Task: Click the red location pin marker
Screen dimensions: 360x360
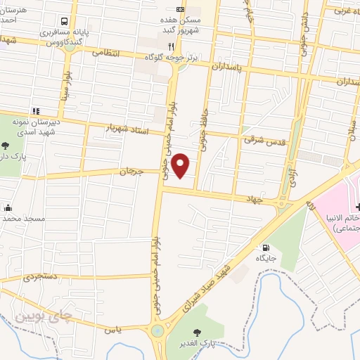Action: pos(181,166)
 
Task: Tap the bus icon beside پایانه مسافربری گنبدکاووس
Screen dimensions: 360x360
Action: pos(64,22)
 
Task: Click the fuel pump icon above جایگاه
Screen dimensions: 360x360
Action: pos(265,247)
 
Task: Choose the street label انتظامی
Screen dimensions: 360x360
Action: pos(106,53)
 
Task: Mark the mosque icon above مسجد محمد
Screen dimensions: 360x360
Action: pos(8,207)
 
